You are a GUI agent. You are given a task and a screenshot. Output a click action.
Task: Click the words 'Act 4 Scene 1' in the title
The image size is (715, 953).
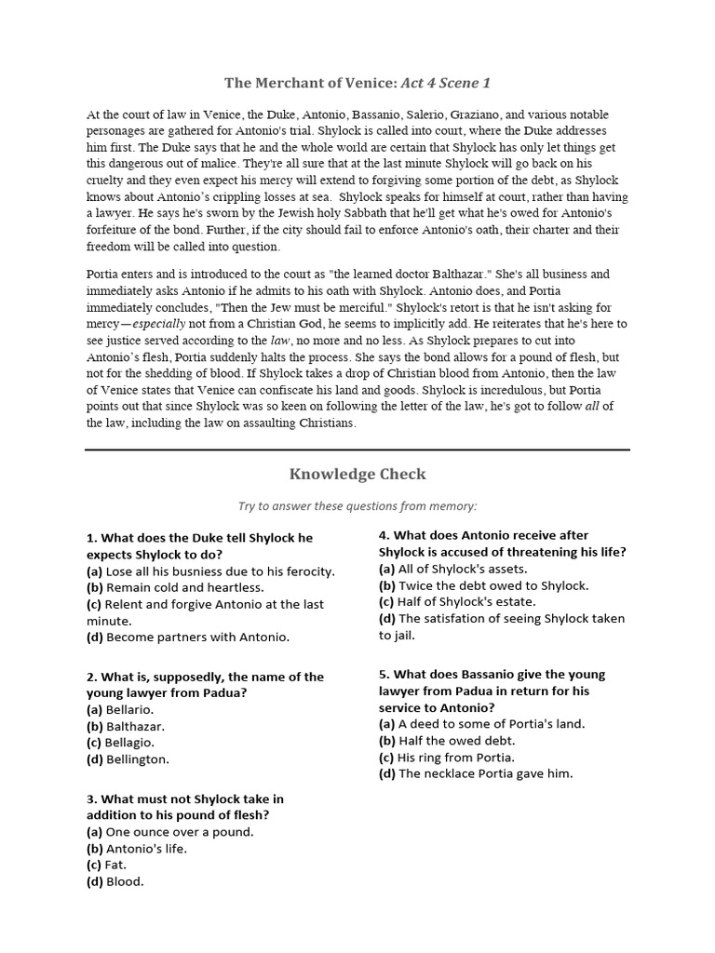(x=445, y=84)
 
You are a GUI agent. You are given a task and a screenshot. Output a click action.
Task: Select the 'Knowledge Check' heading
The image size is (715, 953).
(x=357, y=474)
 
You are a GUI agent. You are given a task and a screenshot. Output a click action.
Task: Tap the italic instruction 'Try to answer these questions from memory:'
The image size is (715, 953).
(x=357, y=505)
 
